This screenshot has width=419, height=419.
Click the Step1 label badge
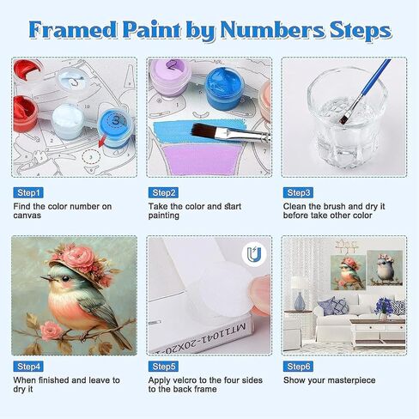pos(28,192)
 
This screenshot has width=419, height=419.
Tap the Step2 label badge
pos(163,192)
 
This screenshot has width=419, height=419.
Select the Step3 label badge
pos(298,192)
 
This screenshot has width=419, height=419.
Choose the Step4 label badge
pos(28,367)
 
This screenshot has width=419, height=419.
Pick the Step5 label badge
pos(163,367)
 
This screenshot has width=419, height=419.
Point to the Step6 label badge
pos(298,367)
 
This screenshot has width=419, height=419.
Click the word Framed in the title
pos(73,30)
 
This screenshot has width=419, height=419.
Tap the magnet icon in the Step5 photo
pos(254,253)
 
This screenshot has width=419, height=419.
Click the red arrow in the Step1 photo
pos(102,142)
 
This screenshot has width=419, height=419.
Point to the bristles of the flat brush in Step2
pos(203,131)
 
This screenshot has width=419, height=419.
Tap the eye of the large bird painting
pos(66,278)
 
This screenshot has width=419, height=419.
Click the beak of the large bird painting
pos(46,278)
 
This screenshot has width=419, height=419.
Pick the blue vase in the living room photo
pos(300,301)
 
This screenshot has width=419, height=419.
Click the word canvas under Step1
pos(27,216)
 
